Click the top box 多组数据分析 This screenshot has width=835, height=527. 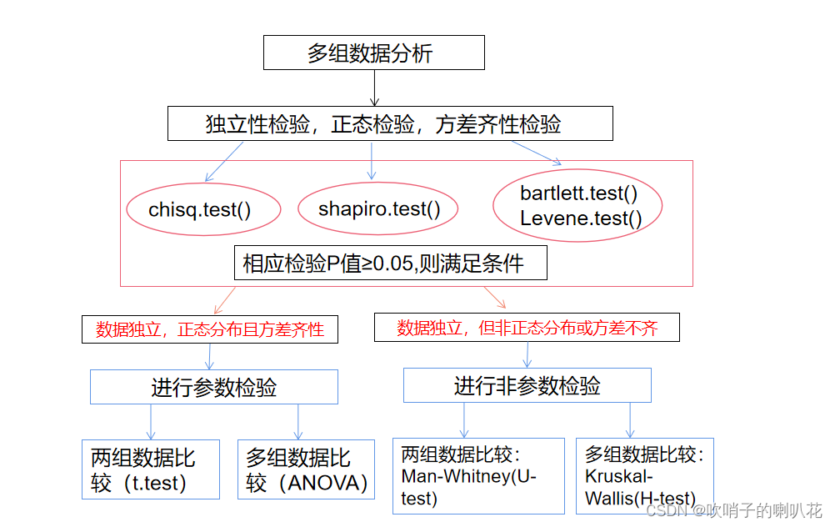374,53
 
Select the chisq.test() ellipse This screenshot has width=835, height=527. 199,209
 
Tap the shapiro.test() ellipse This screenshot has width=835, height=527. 378,208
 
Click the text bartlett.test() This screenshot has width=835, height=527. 578,193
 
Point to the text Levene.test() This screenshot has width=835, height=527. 581,218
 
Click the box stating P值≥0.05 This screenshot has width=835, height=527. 390,263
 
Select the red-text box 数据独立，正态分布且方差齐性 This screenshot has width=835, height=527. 209,329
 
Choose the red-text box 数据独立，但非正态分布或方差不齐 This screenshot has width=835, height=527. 527,327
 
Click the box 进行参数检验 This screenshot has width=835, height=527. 213,388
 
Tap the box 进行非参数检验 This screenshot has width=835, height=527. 527,385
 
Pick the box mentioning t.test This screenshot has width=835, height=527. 150,469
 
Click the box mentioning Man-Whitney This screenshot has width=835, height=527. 478,475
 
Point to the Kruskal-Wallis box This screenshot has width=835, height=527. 644,475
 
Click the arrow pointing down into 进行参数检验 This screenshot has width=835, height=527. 209,356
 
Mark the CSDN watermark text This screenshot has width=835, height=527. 734,510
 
